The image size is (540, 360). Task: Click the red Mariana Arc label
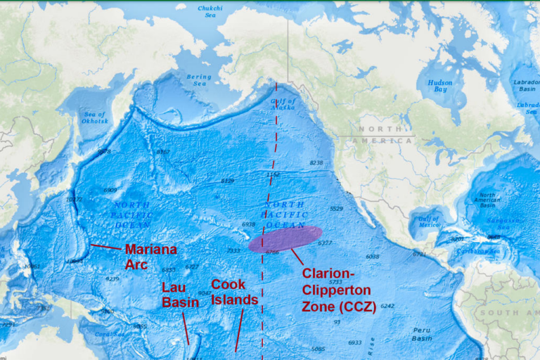pyautogui.click(x=150, y=257)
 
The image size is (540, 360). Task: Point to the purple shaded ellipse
pyautogui.click(x=285, y=239)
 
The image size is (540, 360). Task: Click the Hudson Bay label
pyautogui.click(x=440, y=86)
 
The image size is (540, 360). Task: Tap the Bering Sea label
pyautogui.click(x=199, y=80)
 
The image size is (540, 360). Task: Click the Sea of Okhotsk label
pyautogui.click(x=95, y=117)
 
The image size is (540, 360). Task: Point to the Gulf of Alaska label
pyautogui.click(x=284, y=105)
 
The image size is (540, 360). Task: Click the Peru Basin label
pyautogui.click(x=422, y=333)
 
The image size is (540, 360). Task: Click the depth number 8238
pyautogui.click(x=316, y=162)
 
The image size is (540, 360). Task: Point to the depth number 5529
pyautogui.click(x=336, y=208)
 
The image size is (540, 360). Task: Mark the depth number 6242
pyautogui.click(x=387, y=306)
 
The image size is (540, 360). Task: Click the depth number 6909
pyautogui.click(x=110, y=190)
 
